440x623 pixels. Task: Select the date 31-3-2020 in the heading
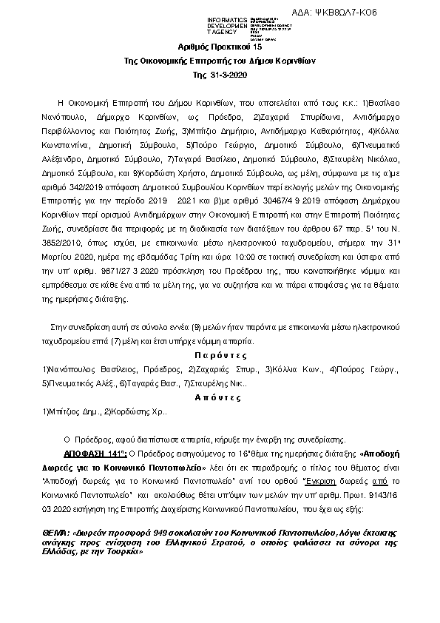click(x=229, y=75)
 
